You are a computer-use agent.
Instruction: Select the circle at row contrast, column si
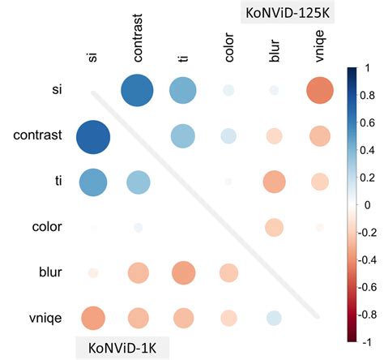click(92, 136)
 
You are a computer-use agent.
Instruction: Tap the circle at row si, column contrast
click(137, 89)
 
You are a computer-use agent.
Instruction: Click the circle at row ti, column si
click(92, 182)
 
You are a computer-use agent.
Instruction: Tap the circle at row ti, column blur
click(273, 182)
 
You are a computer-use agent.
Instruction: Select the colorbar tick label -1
click(368, 342)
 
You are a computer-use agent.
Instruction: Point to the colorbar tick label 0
click(369, 205)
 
